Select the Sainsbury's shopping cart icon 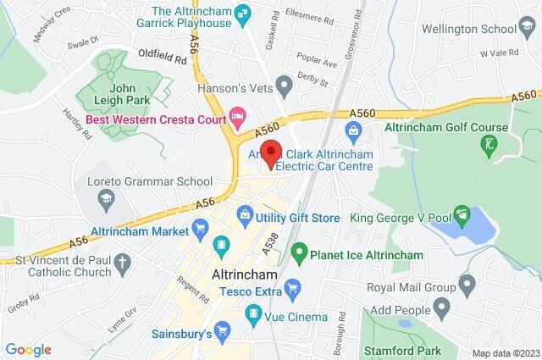pyautogui.click(x=223, y=329)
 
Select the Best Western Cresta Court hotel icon pyautogui.click(x=238, y=113)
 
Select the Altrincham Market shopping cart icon pyautogui.click(x=200, y=226)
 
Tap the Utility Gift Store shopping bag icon pyautogui.click(x=244, y=217)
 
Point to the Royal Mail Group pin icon pyautogui.click(x=467, y=283)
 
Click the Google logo pyautogui.click(x=28, y=350)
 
